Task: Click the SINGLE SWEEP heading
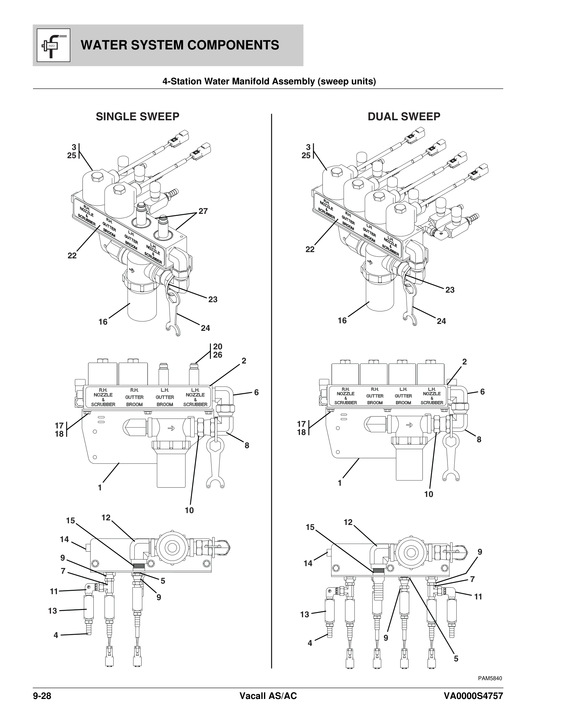point(137,117)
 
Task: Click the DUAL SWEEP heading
point(404,117)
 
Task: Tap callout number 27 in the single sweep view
point(203,211)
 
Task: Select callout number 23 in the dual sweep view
point(450,290)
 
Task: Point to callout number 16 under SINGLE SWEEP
point(103,322)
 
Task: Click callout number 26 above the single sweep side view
point(218,355)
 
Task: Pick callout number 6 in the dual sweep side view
point(482,392)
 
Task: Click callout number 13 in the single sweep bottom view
point(52,610)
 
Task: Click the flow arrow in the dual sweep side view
point(409,424)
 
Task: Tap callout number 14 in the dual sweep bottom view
point(308,563)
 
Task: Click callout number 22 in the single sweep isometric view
point(72,256)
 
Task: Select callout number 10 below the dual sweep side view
point(429,504)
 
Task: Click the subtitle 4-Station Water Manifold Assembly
point(269,81)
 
